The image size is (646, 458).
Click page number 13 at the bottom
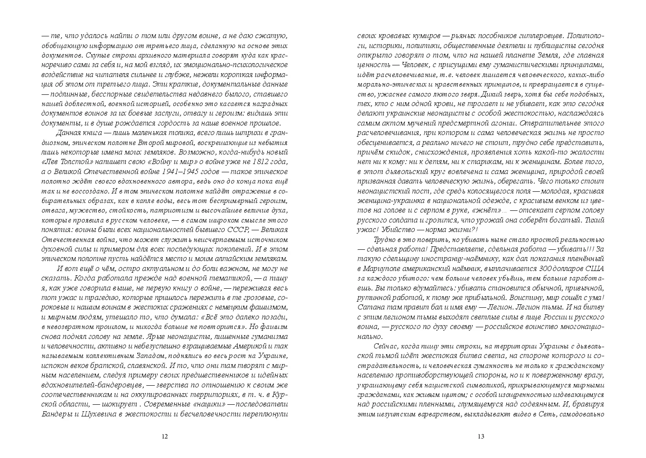coord(481,436)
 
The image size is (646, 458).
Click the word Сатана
coord(369,307)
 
